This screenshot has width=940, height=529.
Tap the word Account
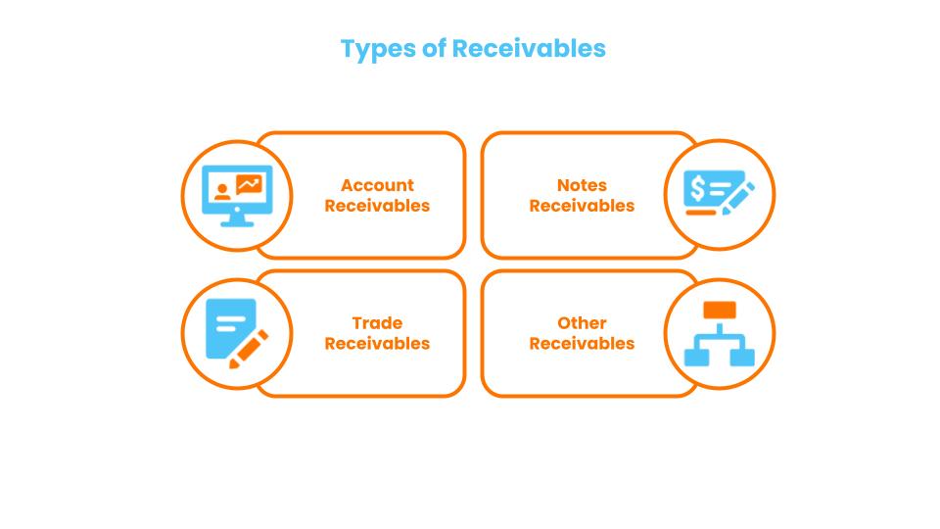(x=377, y=185)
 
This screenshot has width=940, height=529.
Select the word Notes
(x=582, y=185)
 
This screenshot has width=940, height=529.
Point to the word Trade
(x=377, y=323)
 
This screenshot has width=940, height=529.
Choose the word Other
(x=582, y=323)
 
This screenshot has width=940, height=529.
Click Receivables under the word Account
(x=377, y=206)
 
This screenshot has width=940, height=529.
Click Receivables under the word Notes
(x=582, y=206)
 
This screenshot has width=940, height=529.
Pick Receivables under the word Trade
(x=377, y=344)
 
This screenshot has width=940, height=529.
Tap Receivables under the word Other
(x=582, y=344)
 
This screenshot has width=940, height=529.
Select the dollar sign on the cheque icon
(x=697, y=188)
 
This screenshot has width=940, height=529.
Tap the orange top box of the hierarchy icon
(x=720, y=311)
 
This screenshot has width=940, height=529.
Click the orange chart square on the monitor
(x=250, y=183)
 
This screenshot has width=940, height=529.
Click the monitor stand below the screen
(x=236, y=220)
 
